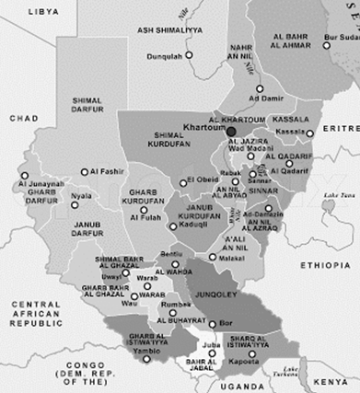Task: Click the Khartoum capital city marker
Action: click(x=231, y=132)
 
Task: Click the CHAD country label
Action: click(x=23, y=119)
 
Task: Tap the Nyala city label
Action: click(x=82, y=196)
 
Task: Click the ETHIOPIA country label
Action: click(x=325, y=265)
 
